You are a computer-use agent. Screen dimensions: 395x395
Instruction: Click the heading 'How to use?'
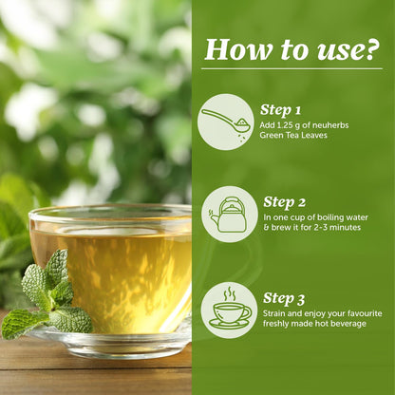tap(292, 48)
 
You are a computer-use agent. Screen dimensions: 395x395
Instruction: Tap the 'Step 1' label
tap(282, 109)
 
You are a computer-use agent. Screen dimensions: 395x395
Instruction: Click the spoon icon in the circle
tap(226, 121)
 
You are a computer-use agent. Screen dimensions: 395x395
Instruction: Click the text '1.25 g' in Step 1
tap(290, 125)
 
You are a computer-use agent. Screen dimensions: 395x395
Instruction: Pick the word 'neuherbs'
tap(333, 125)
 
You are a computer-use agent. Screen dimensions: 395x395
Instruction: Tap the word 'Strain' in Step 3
tap(276, 314)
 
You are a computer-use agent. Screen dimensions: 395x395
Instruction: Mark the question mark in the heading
tap(371, 48)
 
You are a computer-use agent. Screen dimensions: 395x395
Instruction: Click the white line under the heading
tap(292, 68)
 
